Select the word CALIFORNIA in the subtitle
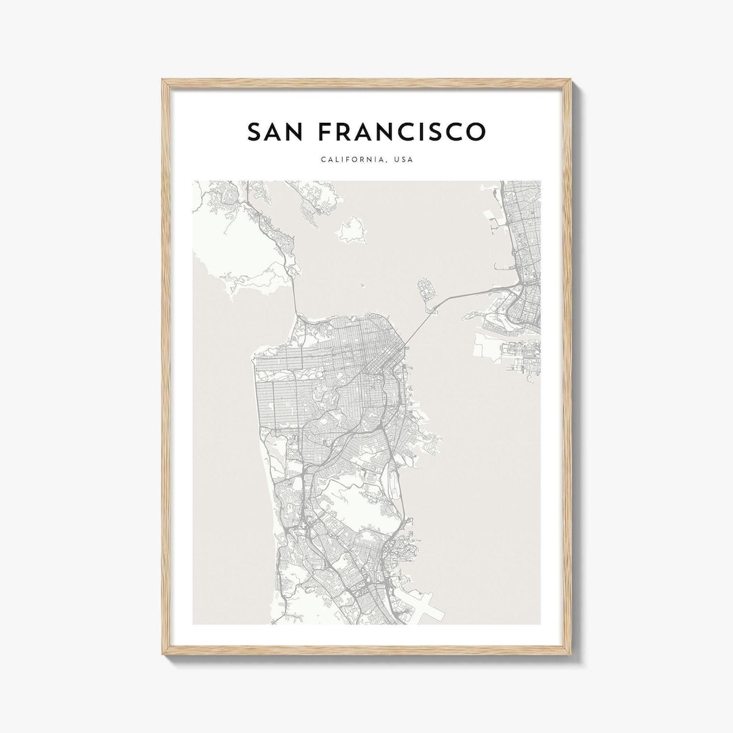350,160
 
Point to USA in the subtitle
405,160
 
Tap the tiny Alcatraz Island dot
362,287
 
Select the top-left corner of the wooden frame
164,81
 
